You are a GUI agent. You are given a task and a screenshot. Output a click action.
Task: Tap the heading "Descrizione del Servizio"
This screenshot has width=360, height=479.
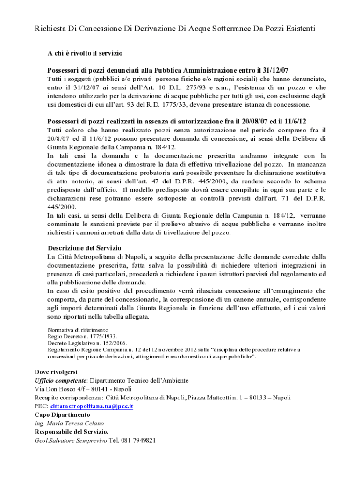[84, 247]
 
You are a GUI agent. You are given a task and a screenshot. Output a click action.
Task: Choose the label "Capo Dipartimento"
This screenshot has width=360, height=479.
[62, 414]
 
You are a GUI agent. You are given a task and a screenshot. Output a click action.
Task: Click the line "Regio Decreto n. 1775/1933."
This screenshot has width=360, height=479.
[82, 336]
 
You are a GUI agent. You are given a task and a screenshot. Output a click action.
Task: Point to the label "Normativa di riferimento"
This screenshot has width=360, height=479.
[78, 329]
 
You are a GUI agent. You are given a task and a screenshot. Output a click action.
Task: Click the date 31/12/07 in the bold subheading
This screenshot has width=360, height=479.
[275, 68]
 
